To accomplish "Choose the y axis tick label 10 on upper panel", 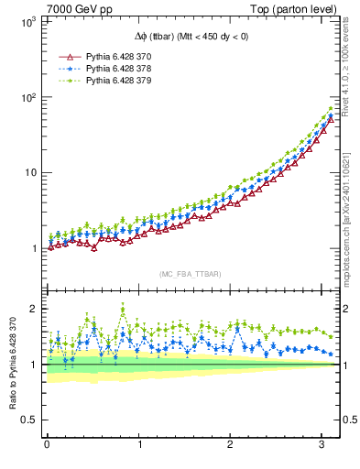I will [x=31, y=172].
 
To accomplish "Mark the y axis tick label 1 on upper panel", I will [x=35, y=248].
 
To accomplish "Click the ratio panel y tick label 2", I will [x=36, y=309].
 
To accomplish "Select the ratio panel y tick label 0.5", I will [x=31, y=420].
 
